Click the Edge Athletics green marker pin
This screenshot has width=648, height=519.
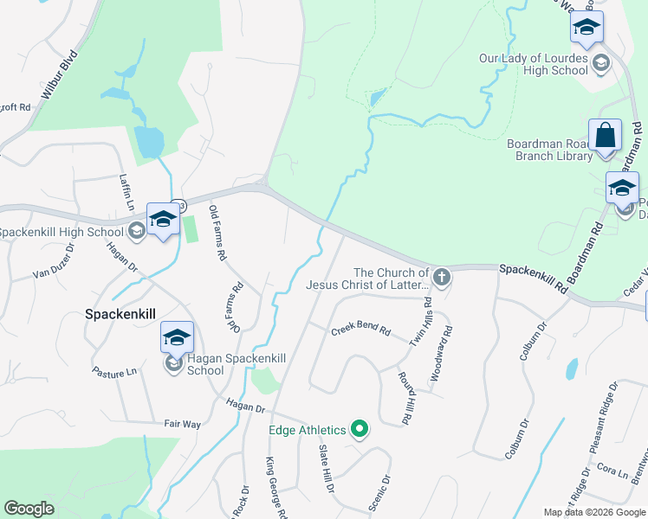point(359,429)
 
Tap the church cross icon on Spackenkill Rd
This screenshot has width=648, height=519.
point(442,278)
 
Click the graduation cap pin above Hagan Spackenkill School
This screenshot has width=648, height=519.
point(177,337)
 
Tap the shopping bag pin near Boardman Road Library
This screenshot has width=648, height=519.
point(605,136)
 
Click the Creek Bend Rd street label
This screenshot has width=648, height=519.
point(361,330)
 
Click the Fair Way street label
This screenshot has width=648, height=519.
point(182,425)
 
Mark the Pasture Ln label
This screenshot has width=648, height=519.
point(114,371)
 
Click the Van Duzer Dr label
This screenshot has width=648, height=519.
point(55,272)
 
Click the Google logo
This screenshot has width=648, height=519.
point(29,509)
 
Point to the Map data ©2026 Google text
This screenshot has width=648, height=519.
point(595,512)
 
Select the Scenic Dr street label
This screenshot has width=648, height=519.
point(379,493)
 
